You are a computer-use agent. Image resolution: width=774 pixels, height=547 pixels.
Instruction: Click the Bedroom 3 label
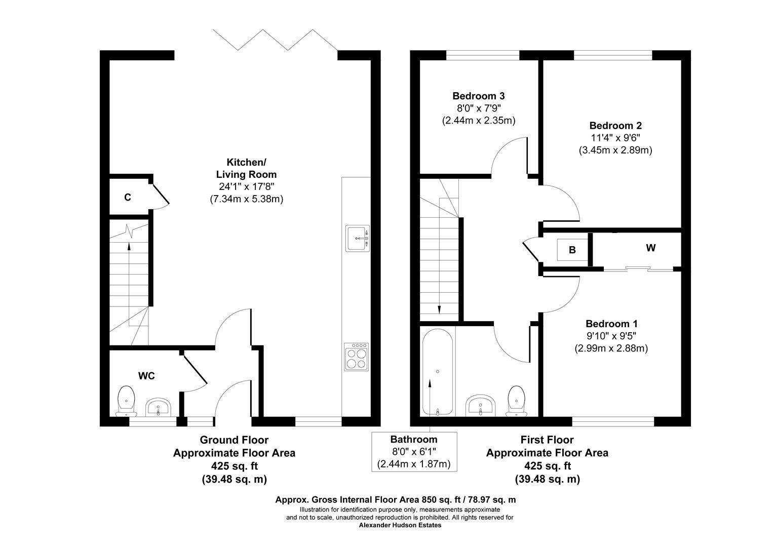(x=479, y=96)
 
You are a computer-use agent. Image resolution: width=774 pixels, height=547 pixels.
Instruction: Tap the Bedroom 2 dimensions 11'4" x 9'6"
(x=615, y=138)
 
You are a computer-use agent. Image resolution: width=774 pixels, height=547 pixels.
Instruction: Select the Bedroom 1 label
(x=611, y=324)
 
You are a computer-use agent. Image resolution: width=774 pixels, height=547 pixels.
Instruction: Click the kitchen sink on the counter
(x=358, y=238)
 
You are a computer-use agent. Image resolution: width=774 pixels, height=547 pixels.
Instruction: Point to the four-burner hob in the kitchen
(x=357, y=357)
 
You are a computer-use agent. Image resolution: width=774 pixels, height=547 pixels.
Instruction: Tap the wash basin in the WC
(x=158, y=407)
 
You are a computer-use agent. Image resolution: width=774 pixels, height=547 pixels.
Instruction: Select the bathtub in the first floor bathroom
(x=438, y=372)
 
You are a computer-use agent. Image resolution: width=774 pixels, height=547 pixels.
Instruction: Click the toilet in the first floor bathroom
(x=516, y=401)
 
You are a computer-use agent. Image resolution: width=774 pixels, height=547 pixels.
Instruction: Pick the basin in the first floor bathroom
(x=480, y=406)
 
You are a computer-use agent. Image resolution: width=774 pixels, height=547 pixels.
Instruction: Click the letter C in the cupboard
(x=128, y=198)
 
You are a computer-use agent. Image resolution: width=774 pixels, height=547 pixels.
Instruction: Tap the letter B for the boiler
(x=572, y=250)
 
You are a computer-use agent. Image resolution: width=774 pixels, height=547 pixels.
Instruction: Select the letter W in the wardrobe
(x=650, y=248)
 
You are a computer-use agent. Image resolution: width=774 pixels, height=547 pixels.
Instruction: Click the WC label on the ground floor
(x=146, y=376)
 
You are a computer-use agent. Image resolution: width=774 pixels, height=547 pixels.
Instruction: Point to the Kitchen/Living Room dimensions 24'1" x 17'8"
(x=246, y=186)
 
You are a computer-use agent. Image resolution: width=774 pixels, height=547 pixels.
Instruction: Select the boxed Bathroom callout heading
(x=414, y=439)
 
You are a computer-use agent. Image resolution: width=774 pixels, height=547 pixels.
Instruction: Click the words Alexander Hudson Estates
(x=400, y=525)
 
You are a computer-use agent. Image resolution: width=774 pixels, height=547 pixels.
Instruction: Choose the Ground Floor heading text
(x=234, y=440)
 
